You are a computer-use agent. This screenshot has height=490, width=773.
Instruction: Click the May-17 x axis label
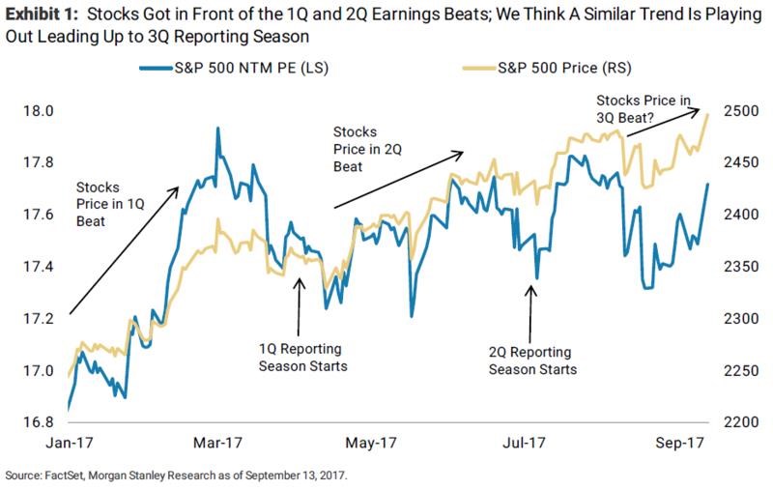point(371,444)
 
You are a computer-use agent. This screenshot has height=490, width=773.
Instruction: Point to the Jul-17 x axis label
point(526,444)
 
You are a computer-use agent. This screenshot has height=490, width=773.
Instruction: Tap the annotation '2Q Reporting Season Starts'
point(532,360)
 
